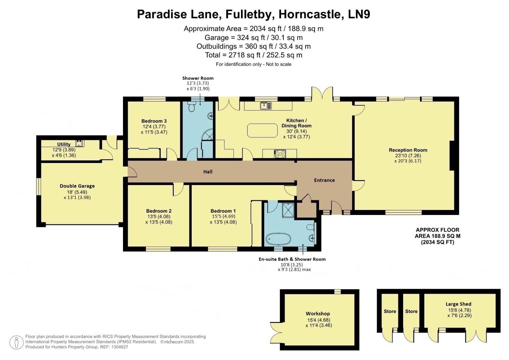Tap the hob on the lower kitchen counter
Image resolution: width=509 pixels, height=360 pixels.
[x=280, y=154]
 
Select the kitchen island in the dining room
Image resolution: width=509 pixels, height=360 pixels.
[x=262, y=130]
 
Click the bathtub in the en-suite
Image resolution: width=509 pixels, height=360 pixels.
[x=278, y=239]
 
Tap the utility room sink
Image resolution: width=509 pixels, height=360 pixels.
[x=79, y=143]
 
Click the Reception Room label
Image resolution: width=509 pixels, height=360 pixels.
[x=408, y=150]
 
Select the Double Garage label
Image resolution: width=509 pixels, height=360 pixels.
[x=77, y=186]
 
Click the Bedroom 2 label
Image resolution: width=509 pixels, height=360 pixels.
[x=159, y=211]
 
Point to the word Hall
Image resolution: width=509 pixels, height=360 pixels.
[x=208, y=172]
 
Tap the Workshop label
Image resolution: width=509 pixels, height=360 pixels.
[x=318, y=313]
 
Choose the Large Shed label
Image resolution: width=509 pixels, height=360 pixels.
[x=458, y=304]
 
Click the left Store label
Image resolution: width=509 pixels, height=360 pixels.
[x=390, y=311]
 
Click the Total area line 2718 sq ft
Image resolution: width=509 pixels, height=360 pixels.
[x=254, y=55]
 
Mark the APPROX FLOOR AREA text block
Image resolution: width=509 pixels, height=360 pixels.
[x=437, y=236]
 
